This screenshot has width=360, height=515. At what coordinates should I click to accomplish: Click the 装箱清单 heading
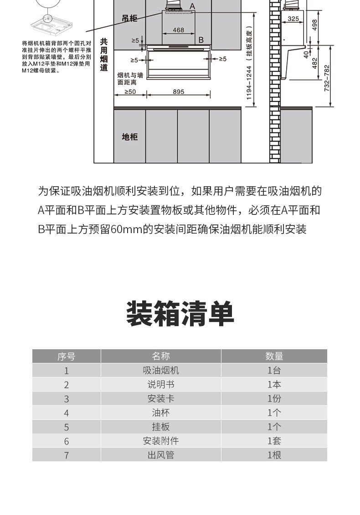pos(180,314)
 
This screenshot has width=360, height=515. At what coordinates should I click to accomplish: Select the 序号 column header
pos(66,357)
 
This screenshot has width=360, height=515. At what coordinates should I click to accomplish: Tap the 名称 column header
pos(160,356)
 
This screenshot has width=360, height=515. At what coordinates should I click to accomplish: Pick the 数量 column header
pos(274,356)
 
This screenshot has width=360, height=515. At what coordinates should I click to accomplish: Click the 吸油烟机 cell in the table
pos(160,371)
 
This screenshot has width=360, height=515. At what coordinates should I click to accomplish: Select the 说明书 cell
pos(160,385)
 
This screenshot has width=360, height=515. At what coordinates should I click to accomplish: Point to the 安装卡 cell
pos(160,399)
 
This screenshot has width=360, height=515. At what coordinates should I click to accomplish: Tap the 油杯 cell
pos(160,413)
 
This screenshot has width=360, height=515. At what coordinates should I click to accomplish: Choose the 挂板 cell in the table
pos(160,427)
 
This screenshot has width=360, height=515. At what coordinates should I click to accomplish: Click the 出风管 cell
pos(160,455)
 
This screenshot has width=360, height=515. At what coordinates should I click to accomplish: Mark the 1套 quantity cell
pos(274,441)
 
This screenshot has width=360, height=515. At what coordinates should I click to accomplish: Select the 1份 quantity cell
pos(274,399)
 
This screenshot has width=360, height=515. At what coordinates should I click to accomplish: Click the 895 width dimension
pos(179,92)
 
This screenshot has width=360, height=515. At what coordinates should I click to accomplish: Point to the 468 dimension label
pos(179,30)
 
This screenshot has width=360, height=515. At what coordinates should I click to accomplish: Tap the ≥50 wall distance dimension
pos(130,92)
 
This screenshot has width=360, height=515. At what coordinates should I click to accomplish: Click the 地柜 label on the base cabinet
pos(129,137)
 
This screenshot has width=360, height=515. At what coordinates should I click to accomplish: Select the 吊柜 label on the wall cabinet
pos(129,18)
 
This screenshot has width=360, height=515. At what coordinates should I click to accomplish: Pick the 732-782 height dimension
pos(326,78)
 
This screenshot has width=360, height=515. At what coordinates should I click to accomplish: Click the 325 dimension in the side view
pos(293,19)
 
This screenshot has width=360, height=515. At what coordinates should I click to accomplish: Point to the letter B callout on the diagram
pos(201,40)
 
